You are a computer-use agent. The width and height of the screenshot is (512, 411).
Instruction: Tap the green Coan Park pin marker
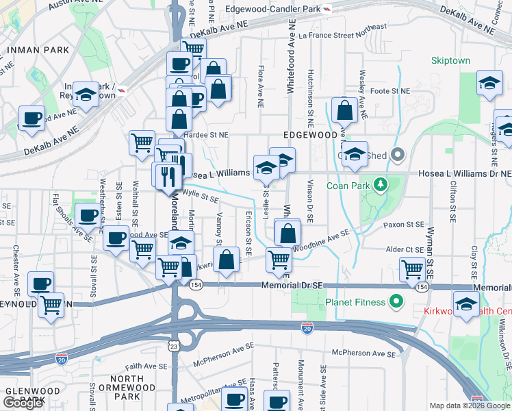[382, 184]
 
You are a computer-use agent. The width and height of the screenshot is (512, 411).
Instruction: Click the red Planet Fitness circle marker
[396, 301]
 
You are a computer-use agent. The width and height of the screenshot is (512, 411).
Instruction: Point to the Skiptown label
[451, 60]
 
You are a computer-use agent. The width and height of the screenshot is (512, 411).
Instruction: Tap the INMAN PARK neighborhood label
[38, 50]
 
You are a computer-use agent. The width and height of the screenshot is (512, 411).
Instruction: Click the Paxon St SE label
[404, 224]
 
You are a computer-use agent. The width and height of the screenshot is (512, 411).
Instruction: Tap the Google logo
[23, 403]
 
